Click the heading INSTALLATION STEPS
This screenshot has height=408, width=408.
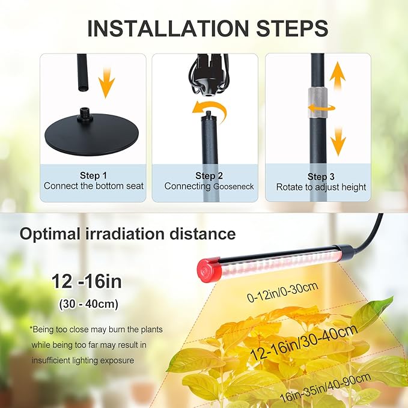coord(207,28)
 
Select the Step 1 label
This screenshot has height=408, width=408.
coord(93,175)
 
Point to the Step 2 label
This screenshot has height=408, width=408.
coord(209,175)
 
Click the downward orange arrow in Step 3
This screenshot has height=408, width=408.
coord(338,139)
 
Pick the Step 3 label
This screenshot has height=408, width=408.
coord(321,176)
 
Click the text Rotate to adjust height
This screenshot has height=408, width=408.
coord(321,187)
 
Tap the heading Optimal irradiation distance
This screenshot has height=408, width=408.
coord(127,233)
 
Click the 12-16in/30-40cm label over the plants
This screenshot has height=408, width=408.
coord(304,343)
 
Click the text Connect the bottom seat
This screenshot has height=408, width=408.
coord(94,186)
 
